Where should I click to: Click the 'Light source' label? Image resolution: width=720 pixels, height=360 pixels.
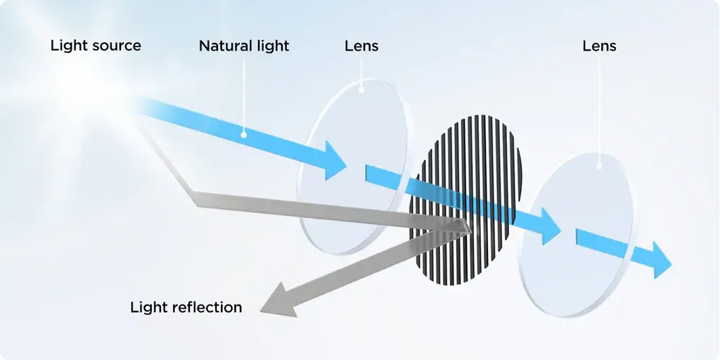[96, 46]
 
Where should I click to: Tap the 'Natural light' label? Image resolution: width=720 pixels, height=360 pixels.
[244, 46]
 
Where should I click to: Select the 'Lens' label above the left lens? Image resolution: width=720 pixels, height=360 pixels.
[361, 46]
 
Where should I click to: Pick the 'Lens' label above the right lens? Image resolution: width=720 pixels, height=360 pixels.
[599, 46]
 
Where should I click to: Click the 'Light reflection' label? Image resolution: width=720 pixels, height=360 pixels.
[186, 307]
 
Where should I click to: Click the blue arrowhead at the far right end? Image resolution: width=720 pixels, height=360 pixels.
[660, 260]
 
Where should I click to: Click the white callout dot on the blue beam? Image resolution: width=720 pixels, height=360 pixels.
[244, 134]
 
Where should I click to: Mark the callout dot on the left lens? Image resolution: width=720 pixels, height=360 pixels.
[361, 90]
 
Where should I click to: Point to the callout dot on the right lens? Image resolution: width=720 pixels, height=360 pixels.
[599, 166]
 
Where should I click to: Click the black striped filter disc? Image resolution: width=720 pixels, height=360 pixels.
[465, 200]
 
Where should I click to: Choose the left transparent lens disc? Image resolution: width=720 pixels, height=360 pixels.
[354, 167]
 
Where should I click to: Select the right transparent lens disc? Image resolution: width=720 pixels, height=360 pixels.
[579, 235]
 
